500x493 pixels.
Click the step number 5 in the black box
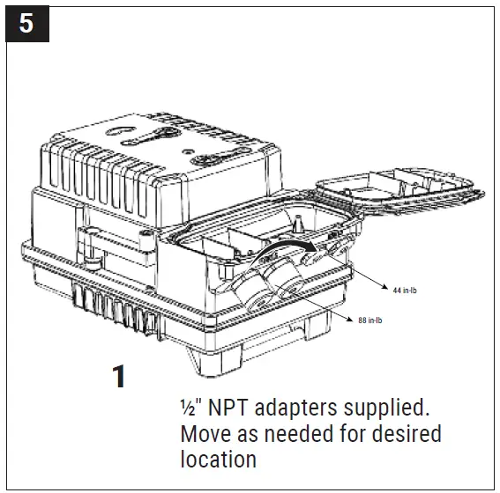26,22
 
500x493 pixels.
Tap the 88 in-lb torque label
369,320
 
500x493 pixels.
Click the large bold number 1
117,377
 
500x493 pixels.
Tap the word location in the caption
218,460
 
